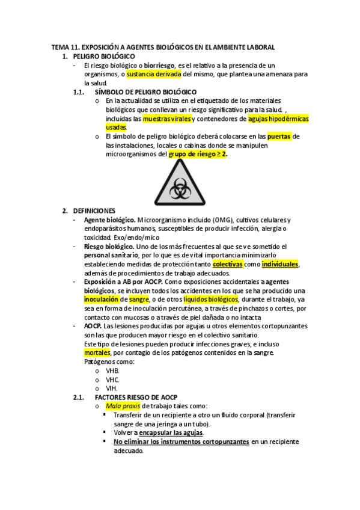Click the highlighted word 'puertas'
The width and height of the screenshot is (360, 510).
point(279,137)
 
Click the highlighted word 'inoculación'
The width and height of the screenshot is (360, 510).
point(101,299)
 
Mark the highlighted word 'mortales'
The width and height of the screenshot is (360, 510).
point(97,352)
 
